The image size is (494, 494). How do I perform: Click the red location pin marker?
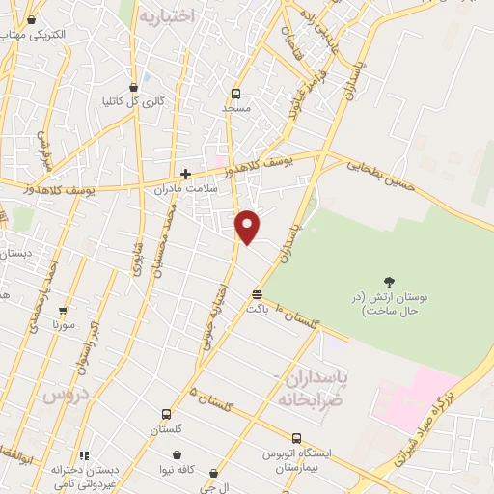(x=248, y=226)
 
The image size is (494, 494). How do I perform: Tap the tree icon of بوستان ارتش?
(x=389, y=283)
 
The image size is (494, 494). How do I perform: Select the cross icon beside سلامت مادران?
(x=185, y=175)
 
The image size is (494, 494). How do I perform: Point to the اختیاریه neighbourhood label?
(x=167, y=16)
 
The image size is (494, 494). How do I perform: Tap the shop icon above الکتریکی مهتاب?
(x=34, y=19)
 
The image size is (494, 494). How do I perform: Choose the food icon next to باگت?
(x=257, y=295)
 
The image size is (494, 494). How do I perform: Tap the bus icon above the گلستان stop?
(x=166, y=414)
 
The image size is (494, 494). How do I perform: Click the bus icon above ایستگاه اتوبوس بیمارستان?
(x=291, y=436)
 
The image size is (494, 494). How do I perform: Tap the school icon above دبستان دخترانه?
(x=85, y=455)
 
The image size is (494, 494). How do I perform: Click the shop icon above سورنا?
(x=64, y=312)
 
